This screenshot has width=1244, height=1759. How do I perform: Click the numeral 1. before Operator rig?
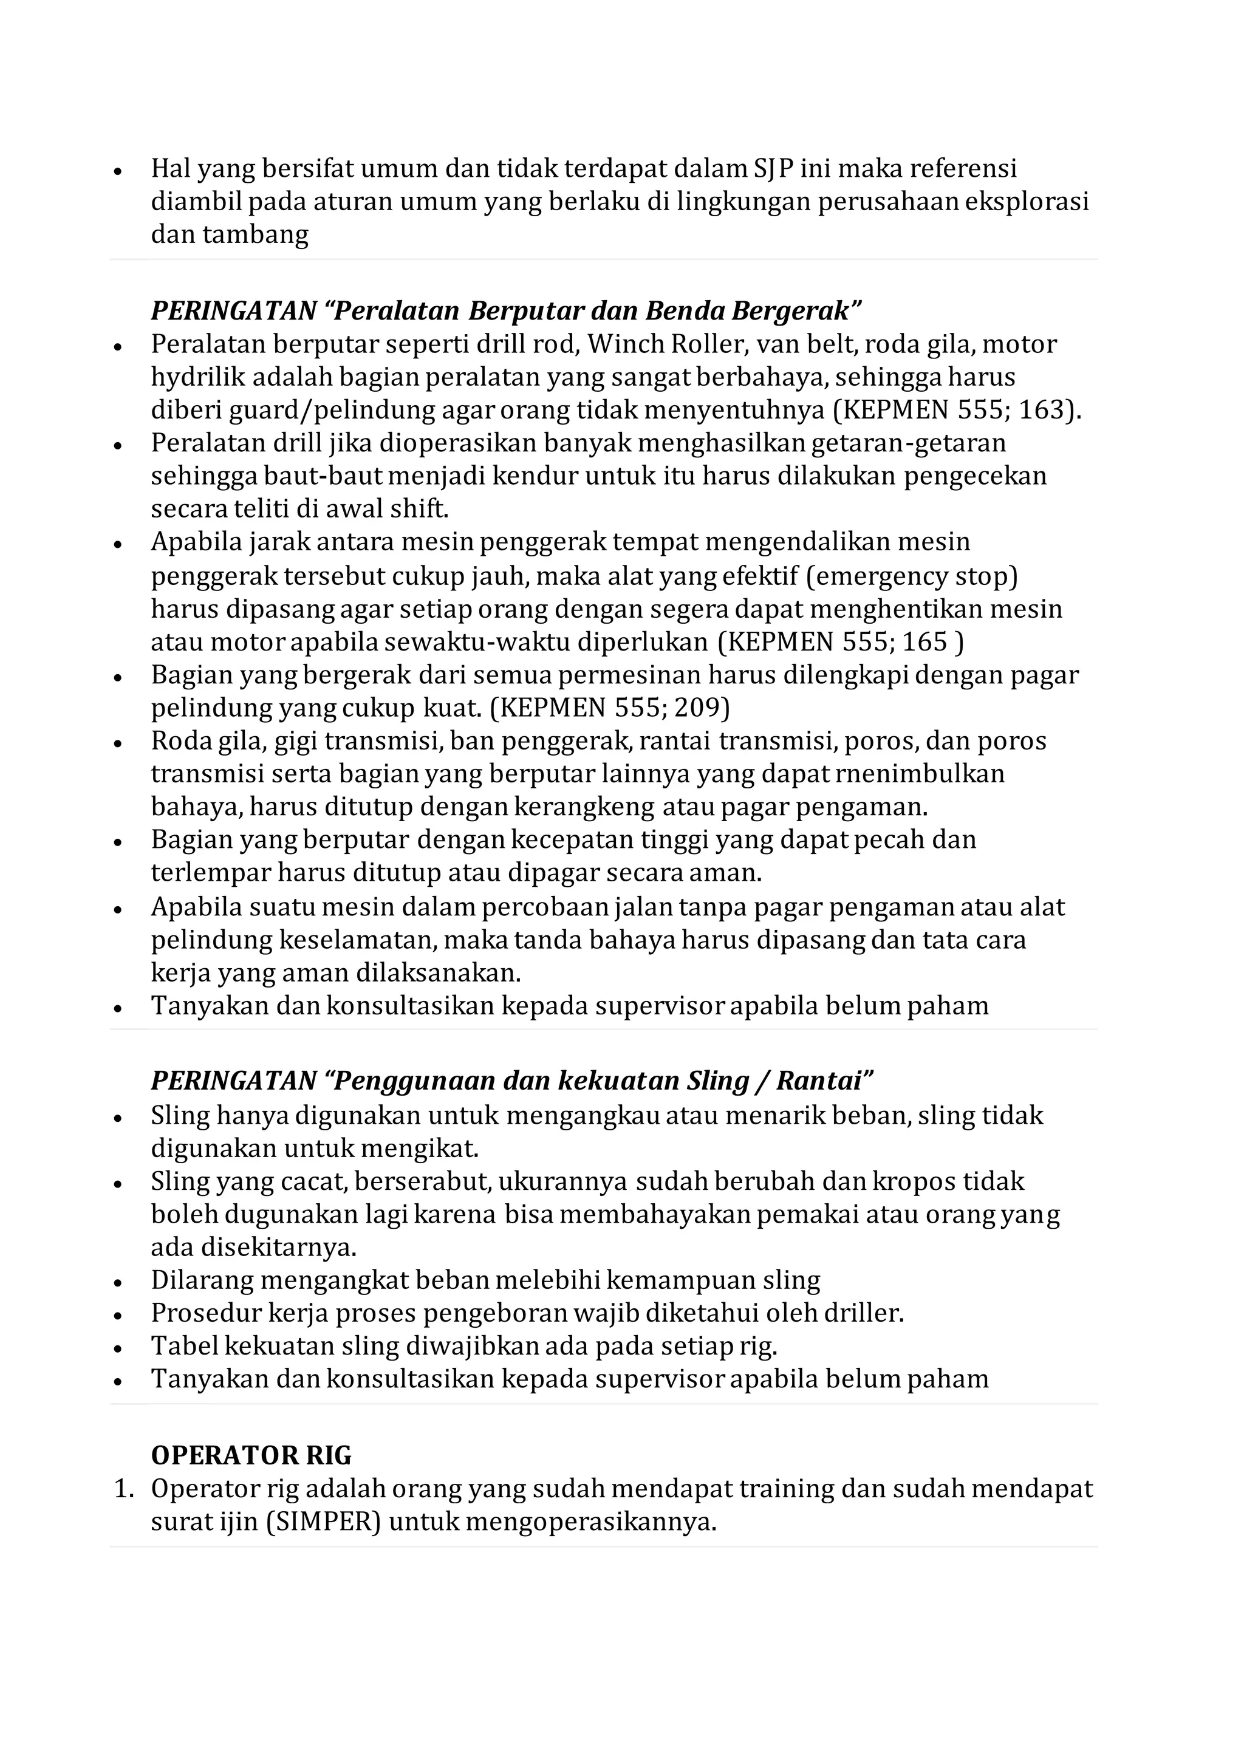click(x=123, y=1489)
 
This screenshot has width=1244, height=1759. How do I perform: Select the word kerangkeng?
click(x=584, y=807)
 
